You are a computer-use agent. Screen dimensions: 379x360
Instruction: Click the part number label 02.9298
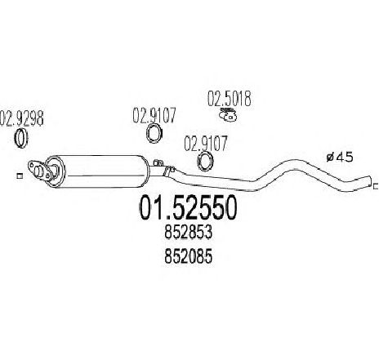point(21,118)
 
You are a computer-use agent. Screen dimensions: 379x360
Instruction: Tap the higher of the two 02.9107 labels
point(154,115)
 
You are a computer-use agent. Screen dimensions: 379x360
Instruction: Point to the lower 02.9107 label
point(206,144)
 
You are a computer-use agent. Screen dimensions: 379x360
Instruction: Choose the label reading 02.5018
point(229,99)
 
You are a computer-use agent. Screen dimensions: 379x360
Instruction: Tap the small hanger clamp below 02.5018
point(228,114)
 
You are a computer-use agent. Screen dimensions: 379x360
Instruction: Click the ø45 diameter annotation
point(340,158)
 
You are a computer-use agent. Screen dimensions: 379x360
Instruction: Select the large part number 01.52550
point(188,208)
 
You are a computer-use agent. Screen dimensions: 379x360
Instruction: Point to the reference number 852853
point(188,233)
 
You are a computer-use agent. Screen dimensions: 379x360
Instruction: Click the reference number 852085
point(188,256)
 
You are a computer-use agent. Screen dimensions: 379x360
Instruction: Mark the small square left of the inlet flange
point(20,176)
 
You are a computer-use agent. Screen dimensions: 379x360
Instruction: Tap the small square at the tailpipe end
point(376,186)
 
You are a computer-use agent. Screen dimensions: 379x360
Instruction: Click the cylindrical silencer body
point(100,171)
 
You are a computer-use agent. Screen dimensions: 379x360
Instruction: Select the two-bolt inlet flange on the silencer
point(40,171)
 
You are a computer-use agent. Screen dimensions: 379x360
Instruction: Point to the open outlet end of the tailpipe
point(370,181)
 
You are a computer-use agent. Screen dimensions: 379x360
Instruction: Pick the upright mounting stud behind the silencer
point(158,163)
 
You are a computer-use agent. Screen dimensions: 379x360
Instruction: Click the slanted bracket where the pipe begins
point(169,171)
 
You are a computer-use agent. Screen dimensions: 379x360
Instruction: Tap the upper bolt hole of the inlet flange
point(33,165)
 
